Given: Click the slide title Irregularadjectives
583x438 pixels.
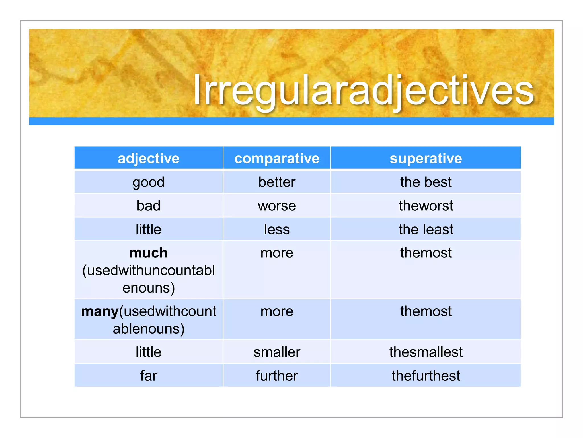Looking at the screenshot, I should click(363, 91).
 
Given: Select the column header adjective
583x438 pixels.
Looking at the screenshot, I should click(148, 158).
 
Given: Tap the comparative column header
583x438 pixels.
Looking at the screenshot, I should click(277, 158).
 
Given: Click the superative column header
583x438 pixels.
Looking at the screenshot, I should click(426, 158).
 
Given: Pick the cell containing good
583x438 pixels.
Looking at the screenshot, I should click(148, 182).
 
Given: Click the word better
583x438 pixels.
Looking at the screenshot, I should click(277, 182).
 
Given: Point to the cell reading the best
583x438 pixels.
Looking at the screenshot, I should click(426, 182).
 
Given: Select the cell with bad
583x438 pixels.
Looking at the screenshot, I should click(148, 206).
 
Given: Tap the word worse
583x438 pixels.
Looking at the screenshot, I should click(277, 206).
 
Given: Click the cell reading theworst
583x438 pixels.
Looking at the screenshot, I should click(426, 206).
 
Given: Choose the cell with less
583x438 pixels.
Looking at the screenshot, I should click(277, 229).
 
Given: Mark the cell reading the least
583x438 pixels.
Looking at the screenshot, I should click(426, 229).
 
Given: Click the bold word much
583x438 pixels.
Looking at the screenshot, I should click(148, 253).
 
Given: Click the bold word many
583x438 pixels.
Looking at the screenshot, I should click(100, 311).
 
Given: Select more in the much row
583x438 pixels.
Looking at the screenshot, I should click(277, 253).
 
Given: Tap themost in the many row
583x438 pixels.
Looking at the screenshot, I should click(426, 311).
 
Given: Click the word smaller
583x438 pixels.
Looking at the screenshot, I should click(277, 352).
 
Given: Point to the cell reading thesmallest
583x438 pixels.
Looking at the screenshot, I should click(426, 352).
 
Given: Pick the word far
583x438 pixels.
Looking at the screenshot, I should click(148, 376).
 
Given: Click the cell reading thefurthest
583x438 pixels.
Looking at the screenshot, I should click(426, 376).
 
